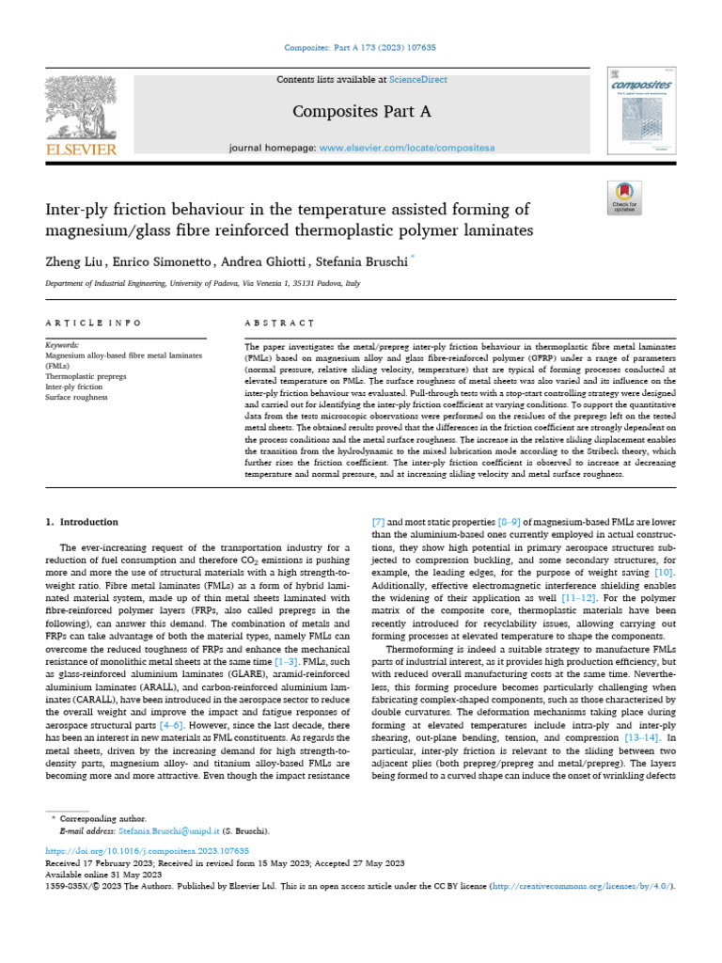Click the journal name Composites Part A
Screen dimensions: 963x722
pos(361,112)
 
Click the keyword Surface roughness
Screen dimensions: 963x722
pos(76,398)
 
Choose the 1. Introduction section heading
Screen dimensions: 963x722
pos(82,521)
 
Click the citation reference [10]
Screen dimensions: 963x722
pos(664,573)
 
